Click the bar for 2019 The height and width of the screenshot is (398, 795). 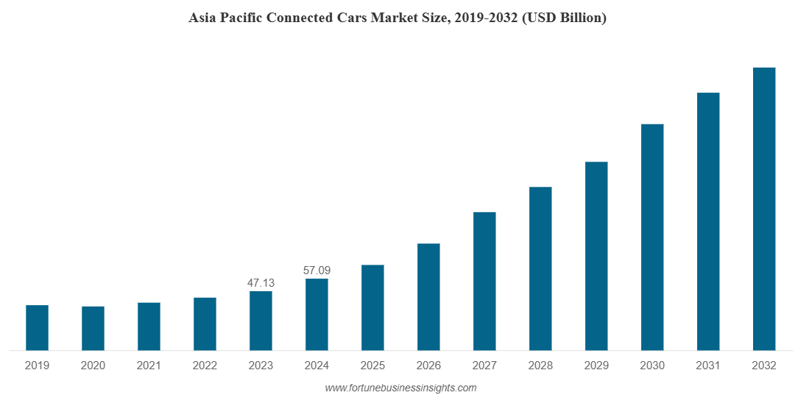coord(37,328)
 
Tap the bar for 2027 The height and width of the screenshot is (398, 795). coord(484,281)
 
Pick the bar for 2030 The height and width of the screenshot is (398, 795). coord(652,237)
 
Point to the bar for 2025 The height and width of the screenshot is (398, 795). coord(372,307)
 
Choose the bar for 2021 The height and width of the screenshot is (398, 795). coord(149,327)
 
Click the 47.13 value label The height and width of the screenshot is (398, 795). coord(261,283)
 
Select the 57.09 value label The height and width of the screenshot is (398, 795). coord(317,270)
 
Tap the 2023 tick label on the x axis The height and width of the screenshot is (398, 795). coord(261,366)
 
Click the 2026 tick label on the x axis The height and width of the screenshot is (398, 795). coord(428,366)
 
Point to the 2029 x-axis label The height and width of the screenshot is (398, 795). coord(596,366)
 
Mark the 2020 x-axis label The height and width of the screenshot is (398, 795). coord(93,366)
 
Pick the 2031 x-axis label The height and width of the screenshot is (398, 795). coord(708,366)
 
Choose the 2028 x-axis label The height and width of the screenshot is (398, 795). coord(540,366)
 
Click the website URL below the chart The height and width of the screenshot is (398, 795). coord(400,388)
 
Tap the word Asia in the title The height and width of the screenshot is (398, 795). coord(202,18)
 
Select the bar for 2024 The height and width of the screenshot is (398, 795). coord(317,315)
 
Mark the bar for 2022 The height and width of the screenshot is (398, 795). coord(205,324)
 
